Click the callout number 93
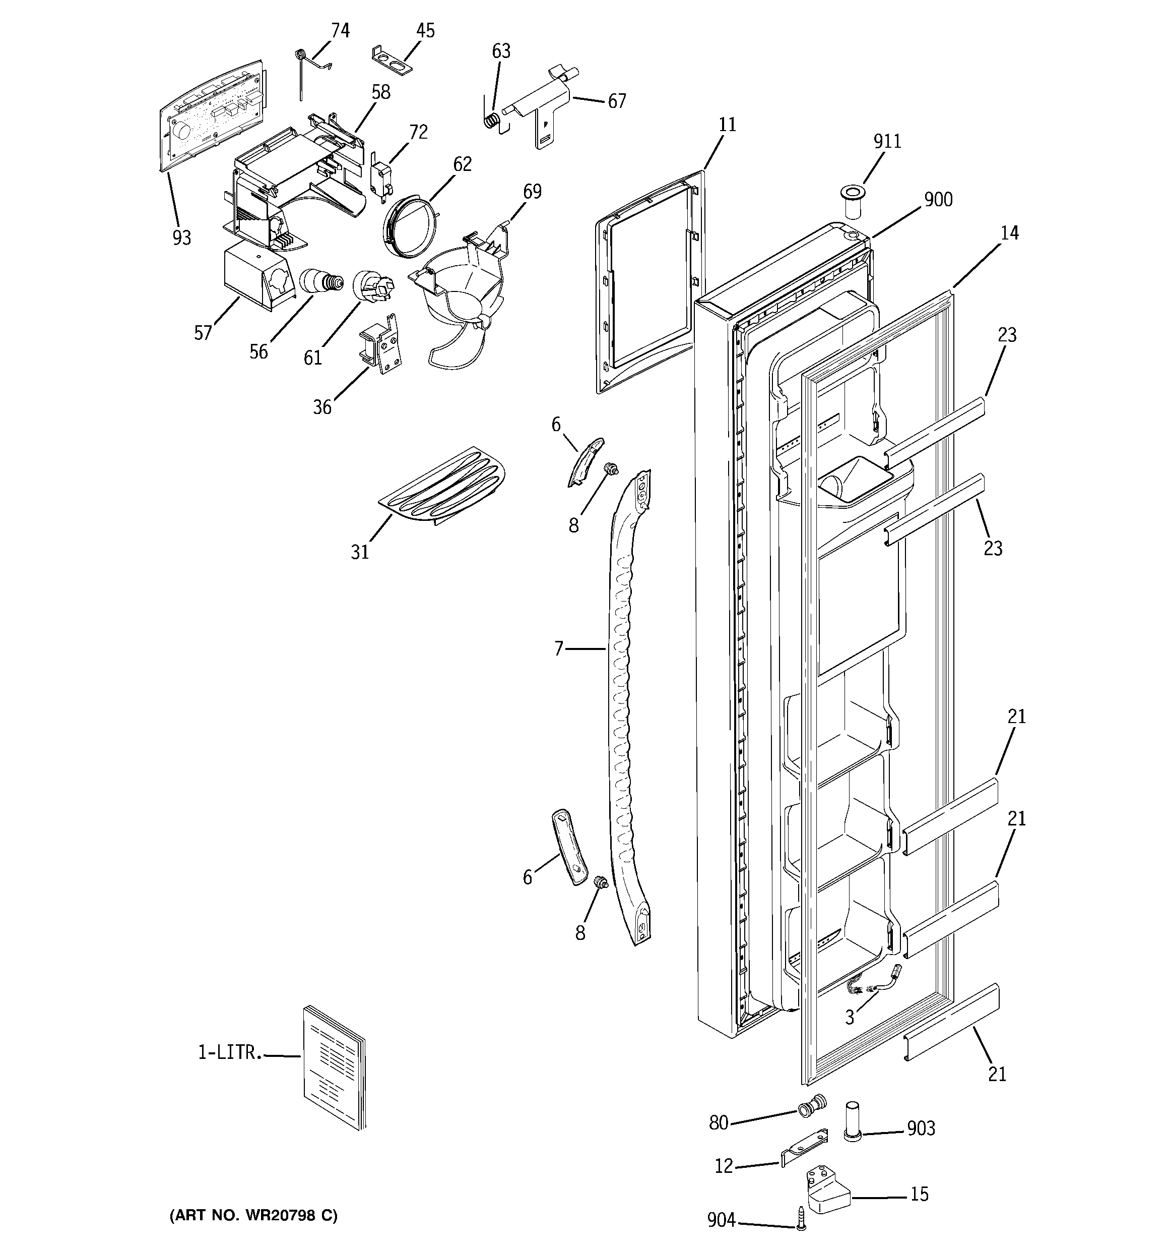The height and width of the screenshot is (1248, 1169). tap(182, 238)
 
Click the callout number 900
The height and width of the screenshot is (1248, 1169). tap(938, 200)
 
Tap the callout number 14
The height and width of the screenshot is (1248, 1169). tap(1009, 233)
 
